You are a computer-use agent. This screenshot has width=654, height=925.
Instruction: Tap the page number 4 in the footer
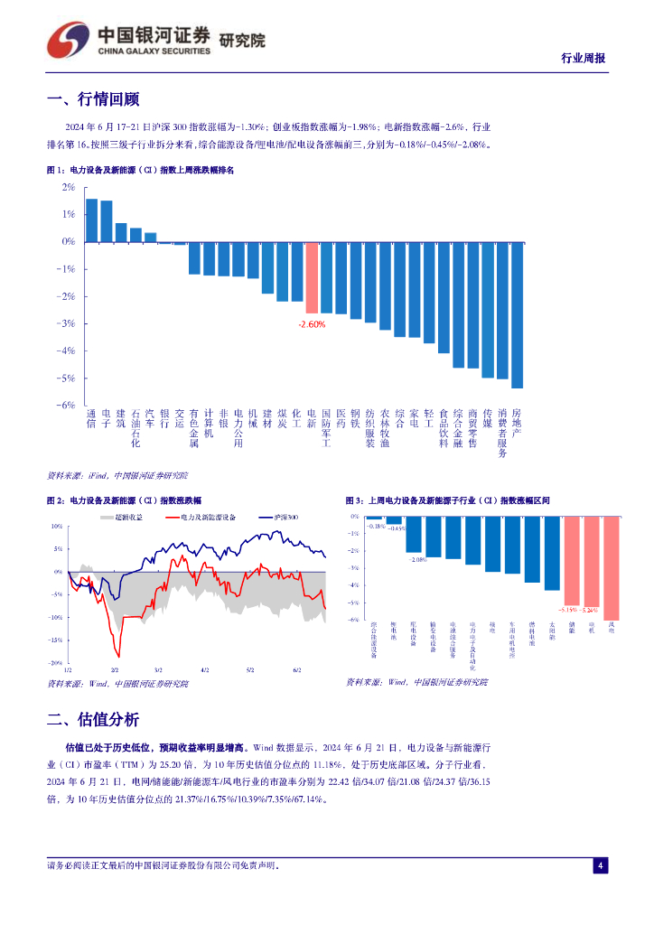coord(600,866)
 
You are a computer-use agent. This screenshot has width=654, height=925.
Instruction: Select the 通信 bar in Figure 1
coord(91,220)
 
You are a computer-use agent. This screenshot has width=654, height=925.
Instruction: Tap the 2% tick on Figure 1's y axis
coord(69,187)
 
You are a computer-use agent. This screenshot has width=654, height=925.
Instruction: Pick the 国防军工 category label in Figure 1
coord(326,428)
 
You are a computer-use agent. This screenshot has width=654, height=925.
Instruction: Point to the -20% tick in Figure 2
coord(56,663)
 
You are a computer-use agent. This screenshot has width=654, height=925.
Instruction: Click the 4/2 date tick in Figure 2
coord(205,670)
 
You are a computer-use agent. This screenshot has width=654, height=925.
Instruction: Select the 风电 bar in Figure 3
coord(612,567)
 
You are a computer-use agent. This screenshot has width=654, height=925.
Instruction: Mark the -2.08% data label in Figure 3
coord(415,559)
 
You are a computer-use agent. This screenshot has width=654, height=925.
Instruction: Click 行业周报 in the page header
coord(583,58)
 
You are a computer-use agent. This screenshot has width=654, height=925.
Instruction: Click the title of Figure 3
coord(447,500)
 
